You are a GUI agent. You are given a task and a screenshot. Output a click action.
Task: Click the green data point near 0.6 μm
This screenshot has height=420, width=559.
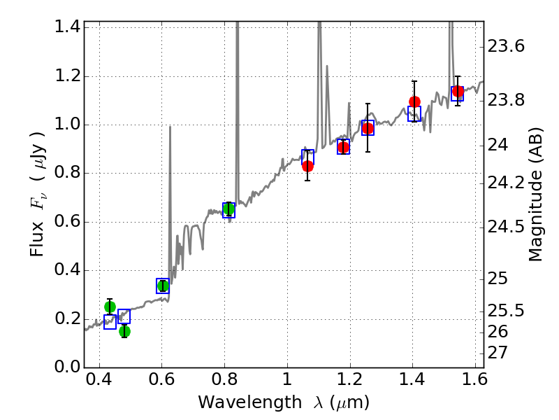[163, 285]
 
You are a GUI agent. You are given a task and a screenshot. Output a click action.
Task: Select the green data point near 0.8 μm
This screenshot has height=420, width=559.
[228, 209]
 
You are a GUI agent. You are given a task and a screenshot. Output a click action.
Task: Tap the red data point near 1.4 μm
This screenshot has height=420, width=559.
[414, 101]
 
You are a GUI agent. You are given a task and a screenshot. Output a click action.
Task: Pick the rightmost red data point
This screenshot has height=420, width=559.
[458, 91]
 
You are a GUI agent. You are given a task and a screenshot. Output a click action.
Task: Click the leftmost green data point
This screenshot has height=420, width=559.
[110, 307]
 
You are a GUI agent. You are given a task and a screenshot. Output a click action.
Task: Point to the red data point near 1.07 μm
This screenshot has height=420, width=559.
[307, 166]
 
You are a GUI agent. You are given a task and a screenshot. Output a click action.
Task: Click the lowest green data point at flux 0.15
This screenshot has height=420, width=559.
[124, 331]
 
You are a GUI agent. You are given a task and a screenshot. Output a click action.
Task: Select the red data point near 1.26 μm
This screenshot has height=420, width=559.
[368, 128]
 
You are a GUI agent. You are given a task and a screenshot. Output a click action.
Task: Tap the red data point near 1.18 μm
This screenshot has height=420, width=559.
[343, 147]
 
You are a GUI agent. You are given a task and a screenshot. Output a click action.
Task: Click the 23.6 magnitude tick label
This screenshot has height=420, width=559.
[507, 47]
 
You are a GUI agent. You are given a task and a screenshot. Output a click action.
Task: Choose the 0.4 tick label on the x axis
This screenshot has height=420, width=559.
[99, 381]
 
